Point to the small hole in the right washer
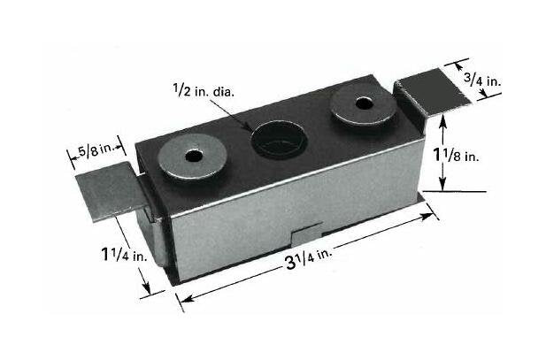361,103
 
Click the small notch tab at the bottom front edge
306,236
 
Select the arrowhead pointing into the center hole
260,131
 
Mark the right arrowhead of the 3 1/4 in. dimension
433,212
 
